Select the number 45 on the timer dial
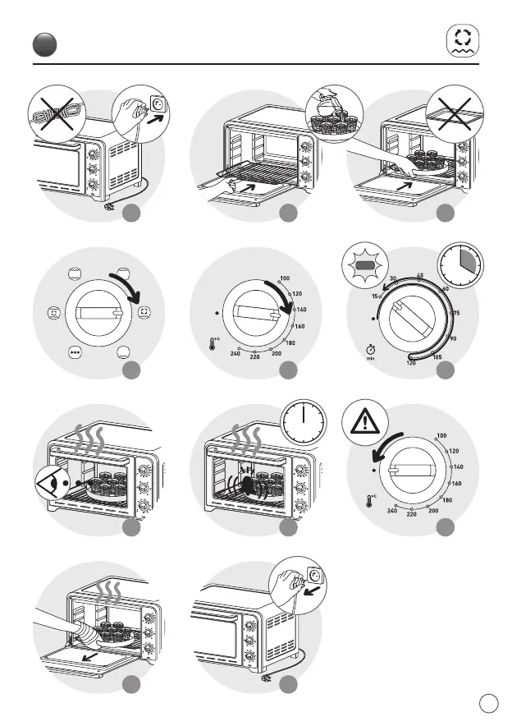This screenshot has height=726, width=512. [x=419, y=276]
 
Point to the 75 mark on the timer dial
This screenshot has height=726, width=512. [x=455, y=313]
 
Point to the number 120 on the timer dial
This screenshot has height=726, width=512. [x=409, y=363]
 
